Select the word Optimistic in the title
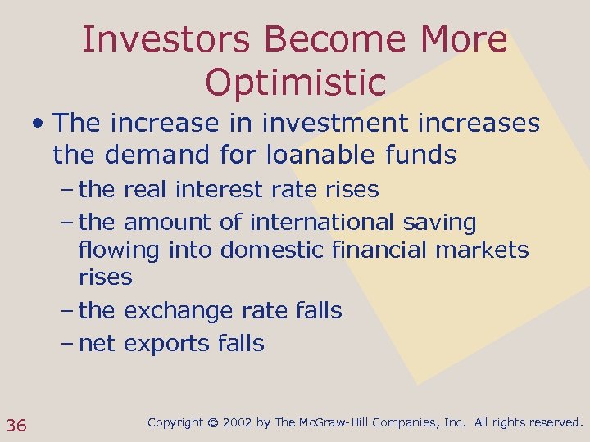(295, 82)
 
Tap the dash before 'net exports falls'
(68, 344)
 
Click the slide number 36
(16, 425)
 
